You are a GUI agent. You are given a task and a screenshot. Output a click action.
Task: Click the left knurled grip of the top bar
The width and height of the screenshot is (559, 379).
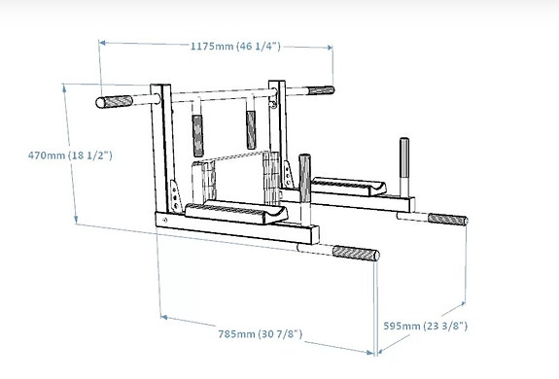click(x=114, y=101)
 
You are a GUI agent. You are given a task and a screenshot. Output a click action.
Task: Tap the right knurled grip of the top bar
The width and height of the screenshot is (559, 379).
click(x=318, y=92)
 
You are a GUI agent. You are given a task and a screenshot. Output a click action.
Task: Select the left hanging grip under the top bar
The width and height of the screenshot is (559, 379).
click(x=199, y=128)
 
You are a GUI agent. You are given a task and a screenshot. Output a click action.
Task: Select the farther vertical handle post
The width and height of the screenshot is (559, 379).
click(x=403, y=157)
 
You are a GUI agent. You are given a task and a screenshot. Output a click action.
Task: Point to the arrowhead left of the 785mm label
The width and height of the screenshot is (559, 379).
click(x=164, y=316)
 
